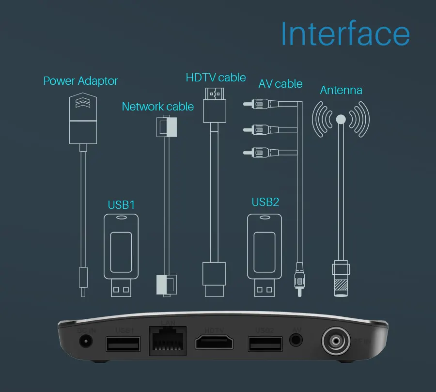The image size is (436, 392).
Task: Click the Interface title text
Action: tap(345, 34)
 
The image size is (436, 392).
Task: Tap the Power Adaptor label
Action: tap(80, 81)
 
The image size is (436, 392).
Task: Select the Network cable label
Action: tap(157, 107)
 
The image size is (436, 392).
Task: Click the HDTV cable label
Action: tap(216, 78)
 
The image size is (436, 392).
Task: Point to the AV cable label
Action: tap(280, 84)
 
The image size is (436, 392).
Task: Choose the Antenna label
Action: tap(341, 90)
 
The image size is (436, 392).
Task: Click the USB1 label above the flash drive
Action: tap(121, 204)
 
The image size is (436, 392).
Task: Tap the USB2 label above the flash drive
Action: tap(265, 202)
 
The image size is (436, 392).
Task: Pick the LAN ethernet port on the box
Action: tap(168, 341)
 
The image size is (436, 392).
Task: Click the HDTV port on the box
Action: tap(214, 342)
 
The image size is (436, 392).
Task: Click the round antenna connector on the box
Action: tap(335, 341)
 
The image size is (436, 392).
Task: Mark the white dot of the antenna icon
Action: tap(341, 119)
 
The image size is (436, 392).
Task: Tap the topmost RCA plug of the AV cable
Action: tap(254, 103)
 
